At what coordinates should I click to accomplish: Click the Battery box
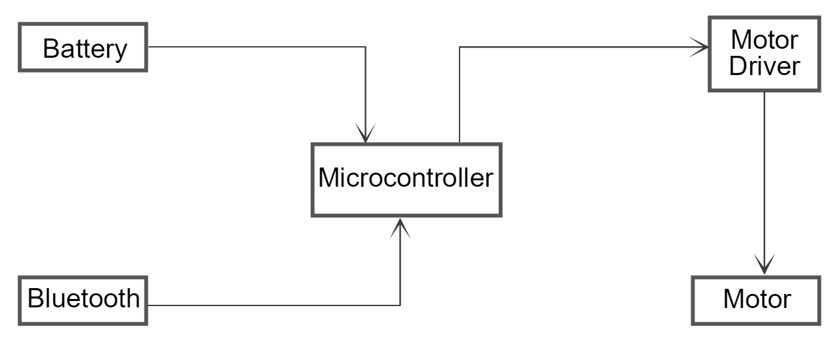coord(84,48)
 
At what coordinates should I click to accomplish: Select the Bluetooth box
coord(84,300)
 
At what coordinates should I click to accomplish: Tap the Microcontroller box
coord(406,179)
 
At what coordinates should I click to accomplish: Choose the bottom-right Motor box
coord(756,300)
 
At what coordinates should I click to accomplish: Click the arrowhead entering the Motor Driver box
coord(701,46)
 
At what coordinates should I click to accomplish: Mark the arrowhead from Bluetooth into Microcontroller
coord(400,226)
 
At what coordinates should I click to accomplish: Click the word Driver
coord(764,66)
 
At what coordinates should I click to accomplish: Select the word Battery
coord(85,49)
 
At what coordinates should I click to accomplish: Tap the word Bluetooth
coord(84,298)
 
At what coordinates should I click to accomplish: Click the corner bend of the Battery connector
coord(366,47)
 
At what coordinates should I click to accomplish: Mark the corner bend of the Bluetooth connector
coord(400,305)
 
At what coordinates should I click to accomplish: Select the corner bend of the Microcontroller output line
coord(460,47)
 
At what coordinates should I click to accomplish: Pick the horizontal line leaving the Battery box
coord(257,47)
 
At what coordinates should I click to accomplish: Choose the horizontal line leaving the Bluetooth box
coord(276,305)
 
